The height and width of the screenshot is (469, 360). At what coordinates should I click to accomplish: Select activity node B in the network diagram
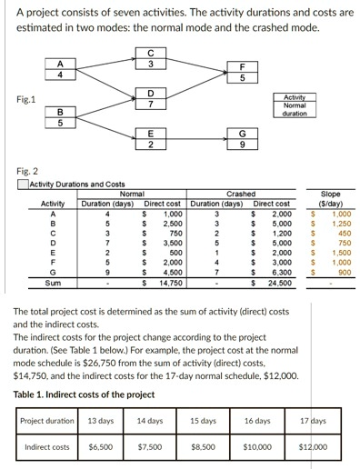(60, 118)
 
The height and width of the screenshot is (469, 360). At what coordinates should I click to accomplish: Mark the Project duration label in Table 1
(47, 421)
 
